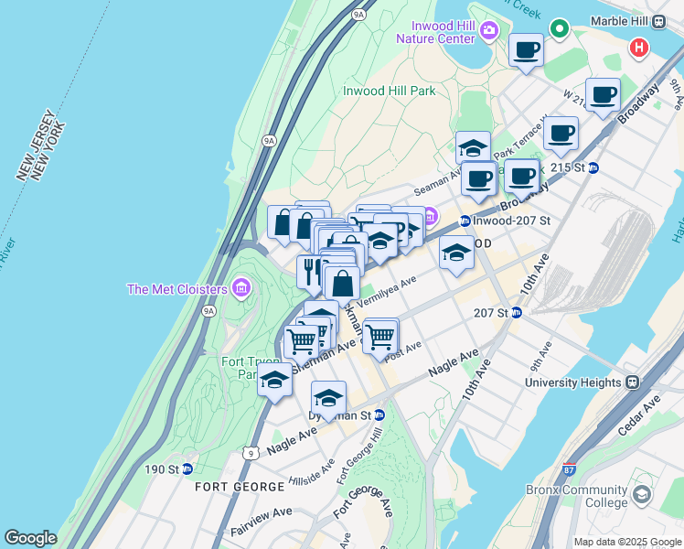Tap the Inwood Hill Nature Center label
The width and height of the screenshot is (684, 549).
coord(435,32)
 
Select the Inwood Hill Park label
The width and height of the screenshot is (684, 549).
coord(389,91)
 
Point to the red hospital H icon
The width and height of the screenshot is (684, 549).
coord(639,47)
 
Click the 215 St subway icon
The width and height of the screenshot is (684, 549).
coord(593,167)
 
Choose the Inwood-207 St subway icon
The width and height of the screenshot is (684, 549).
coord(465,221)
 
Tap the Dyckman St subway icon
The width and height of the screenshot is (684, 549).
coord(379,414)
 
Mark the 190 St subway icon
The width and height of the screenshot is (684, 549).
coord(187,468)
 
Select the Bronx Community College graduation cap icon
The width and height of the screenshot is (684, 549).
coord(642,495)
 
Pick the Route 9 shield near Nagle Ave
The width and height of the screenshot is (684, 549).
coord(251,452)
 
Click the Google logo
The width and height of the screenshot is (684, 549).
coord(30,538)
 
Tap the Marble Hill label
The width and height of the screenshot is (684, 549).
coord(620,21)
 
